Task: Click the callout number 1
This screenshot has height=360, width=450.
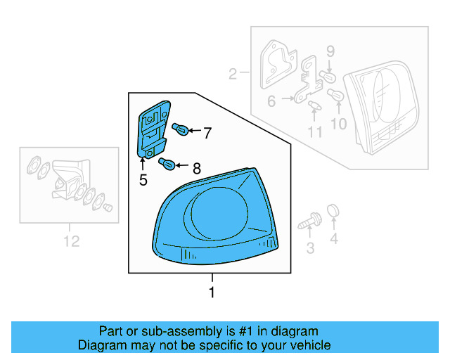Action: point(212,292)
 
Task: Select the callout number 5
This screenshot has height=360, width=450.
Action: point(143,180)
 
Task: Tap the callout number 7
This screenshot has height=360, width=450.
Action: point(207,131)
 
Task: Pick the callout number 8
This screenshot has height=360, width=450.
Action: point(196,168)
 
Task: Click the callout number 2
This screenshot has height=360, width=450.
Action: point(233,73)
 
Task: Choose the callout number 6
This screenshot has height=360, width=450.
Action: point(271,101)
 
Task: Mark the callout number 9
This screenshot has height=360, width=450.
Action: point(330,51)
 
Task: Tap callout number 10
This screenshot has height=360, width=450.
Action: point(339,124)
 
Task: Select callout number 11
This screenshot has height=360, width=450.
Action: point(315,131)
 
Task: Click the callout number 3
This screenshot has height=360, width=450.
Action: point(309,247)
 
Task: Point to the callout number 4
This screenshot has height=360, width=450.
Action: point(334,240)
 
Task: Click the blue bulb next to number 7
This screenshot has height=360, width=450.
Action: point(181,129)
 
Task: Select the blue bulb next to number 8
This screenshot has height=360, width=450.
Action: point(169,165)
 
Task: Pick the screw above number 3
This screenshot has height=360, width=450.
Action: point(309,224)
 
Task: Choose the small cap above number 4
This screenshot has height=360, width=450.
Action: point(334,210)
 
